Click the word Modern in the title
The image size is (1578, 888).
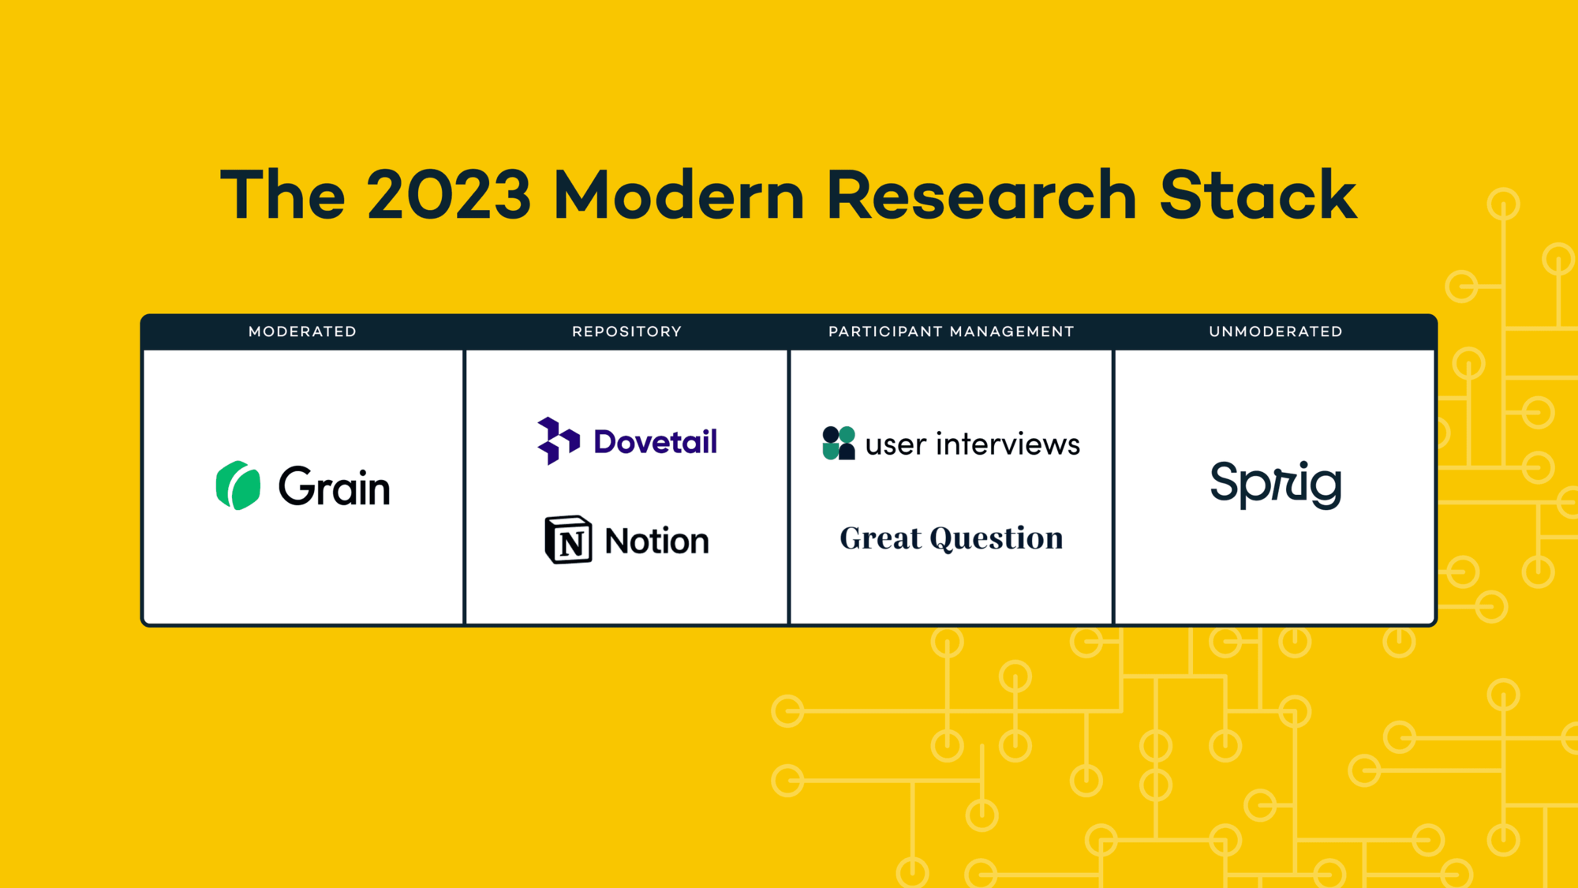(x=679, y=195)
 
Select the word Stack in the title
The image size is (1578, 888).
(x=1258, y=195)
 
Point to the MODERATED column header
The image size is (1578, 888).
(x=302, y=332)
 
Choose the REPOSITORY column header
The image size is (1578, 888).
(x=626, y=332)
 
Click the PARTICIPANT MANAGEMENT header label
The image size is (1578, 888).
(x=951, y=332)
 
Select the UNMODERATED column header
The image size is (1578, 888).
(x=1275, y=332)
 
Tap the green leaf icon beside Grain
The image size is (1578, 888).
(x=237, y=485)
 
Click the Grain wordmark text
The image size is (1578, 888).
(x=335, y=487)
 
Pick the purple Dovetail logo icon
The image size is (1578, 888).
(x=558, y=440)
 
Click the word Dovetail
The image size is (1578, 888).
(x=655, y=442)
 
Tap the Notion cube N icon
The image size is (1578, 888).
(x=568, y=540)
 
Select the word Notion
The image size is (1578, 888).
(x=656, y=541)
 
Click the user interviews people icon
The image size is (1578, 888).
(x=838, y=443)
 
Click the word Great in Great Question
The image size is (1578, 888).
(x=880, y=538)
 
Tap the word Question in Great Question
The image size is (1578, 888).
(x=996, y=539)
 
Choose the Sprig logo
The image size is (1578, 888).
(x=1275, y=483)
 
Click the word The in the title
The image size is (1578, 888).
(x=282, y=195)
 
